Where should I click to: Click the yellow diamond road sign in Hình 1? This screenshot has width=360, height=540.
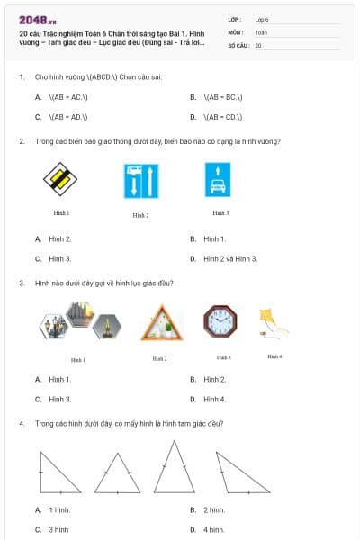point(61,179)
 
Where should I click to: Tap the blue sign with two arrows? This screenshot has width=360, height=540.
point(141,181)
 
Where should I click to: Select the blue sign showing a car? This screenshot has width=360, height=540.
point(220,179)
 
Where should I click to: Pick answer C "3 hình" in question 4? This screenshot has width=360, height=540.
point(58,529)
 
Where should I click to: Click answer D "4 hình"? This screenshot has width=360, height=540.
point(213,529)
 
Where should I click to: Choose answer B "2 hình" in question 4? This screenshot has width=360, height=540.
point(213,509)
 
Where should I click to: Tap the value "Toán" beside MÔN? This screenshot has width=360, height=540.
point(261,31)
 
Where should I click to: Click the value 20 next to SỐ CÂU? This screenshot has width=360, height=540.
point(258,44)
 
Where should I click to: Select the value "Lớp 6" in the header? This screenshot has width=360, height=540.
point(262,19)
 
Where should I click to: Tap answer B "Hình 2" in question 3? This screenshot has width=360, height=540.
point(213,379)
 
